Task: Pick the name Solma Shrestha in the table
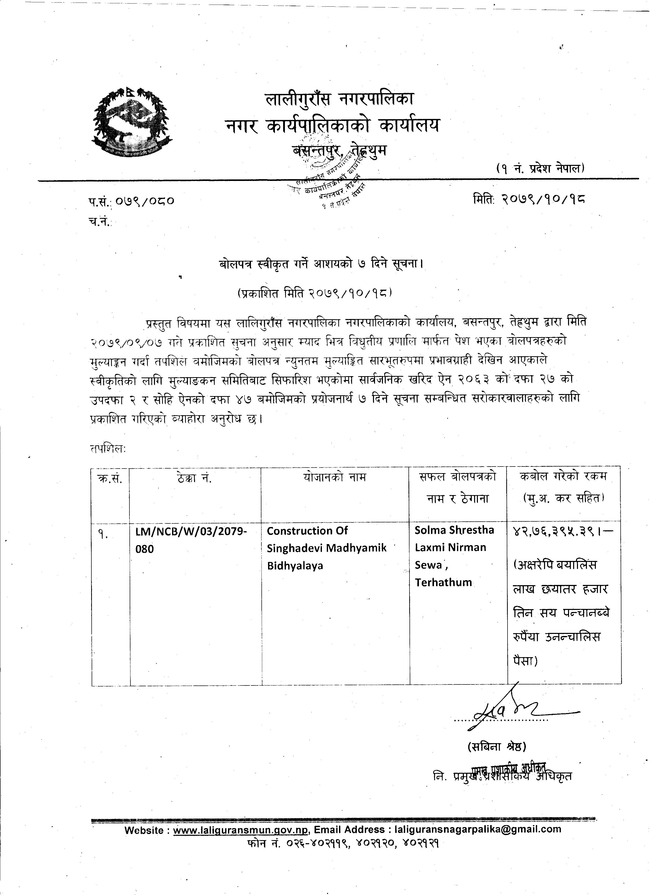(x=454, y=530)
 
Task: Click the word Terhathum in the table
(x=443, y=582)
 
